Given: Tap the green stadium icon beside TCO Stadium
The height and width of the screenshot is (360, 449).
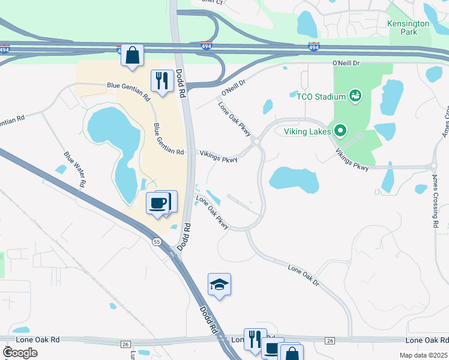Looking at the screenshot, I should click(355, 95).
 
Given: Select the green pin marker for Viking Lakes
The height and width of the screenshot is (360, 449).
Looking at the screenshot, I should click(341, 130).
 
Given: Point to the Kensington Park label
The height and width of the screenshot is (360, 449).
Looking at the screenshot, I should click(409, 28).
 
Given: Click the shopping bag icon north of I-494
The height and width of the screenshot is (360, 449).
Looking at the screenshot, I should click(132, 56).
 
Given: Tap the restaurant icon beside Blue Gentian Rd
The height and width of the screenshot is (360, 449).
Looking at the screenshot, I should click(161, 81).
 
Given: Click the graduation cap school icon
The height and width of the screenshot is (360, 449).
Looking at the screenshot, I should click(219, 285).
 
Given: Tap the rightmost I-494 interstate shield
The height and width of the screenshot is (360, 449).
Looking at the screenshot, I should click(313, 46).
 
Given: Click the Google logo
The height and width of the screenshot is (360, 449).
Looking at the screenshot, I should click(20, 353).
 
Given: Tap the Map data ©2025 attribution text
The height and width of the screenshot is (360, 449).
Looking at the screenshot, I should click(423, 355).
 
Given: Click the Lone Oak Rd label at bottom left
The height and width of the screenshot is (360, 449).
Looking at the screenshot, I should click(38, 340).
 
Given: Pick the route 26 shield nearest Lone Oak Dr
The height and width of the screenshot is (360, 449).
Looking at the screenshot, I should click(330, 341).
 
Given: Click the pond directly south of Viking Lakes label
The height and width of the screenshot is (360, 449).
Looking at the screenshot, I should click(294, 179).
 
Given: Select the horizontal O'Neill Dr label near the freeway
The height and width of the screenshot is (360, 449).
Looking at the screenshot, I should click(346, 62).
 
